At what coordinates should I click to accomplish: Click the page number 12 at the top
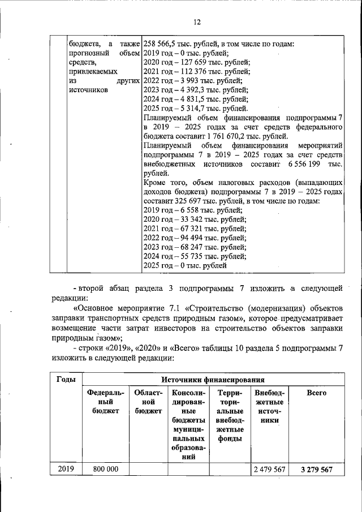[197, 22]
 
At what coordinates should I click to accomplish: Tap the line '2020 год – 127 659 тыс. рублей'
[197, 62]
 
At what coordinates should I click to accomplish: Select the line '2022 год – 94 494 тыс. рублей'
[195, 238]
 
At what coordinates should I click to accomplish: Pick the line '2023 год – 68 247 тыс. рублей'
[195, 247]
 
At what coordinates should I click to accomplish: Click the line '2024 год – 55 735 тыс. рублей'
[195, 256]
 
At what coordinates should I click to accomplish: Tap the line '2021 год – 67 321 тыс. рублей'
[195, 229]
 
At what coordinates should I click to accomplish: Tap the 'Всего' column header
[316, 392]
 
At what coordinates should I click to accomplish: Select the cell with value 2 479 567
[269, 470]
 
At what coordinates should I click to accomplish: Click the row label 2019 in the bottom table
[67, 470]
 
